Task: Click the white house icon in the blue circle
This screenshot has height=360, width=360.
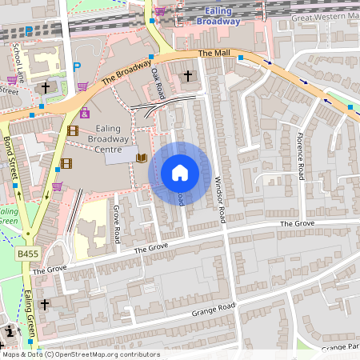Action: (180, 173)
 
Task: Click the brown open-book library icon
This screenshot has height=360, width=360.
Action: (142, 158)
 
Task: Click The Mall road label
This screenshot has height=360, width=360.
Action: (214, 54)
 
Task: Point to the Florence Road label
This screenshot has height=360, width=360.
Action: (301, 155)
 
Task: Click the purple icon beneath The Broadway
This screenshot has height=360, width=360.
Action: (85, 113)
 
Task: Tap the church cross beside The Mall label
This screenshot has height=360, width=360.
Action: (188, 76)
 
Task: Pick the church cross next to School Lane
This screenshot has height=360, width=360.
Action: (46, 87)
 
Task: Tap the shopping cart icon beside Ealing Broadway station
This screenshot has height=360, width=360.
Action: (161, 10)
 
